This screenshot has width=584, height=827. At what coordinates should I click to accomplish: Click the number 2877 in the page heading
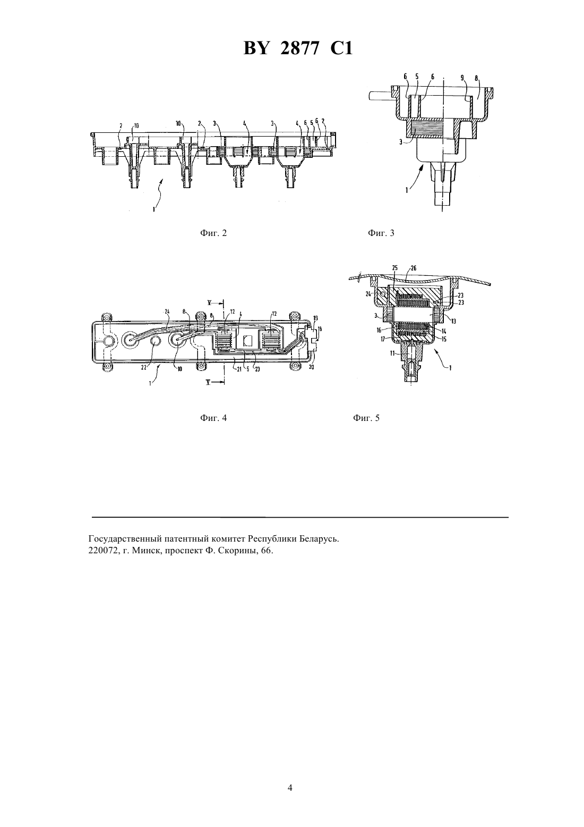point(299,48)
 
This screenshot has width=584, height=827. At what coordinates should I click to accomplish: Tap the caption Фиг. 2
point(213,233)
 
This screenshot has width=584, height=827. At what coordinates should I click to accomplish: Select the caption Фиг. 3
point(381,233)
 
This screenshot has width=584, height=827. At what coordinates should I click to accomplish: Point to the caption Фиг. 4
point(213,418)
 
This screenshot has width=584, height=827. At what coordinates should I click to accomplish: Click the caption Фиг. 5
point(366,418)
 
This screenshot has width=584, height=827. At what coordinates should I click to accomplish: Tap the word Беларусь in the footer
point(319,539)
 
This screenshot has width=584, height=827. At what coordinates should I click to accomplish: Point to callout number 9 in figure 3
point(462,78)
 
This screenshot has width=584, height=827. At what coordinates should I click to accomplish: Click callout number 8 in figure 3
point(476,78)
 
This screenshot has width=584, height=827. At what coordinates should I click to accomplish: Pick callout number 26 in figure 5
point(414,268)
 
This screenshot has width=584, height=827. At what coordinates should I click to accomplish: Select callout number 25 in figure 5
point(395,268)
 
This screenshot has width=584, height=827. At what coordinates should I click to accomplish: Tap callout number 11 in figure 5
point(393,353)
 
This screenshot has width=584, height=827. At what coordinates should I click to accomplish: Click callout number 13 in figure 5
point(453,321)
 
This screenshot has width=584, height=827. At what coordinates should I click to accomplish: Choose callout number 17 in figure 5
point(383,337)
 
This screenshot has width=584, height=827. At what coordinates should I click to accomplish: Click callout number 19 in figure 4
point(315,318)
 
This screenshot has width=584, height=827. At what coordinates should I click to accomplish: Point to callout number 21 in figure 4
point(239,369)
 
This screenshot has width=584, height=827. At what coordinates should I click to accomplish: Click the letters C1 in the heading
point(341,48)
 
